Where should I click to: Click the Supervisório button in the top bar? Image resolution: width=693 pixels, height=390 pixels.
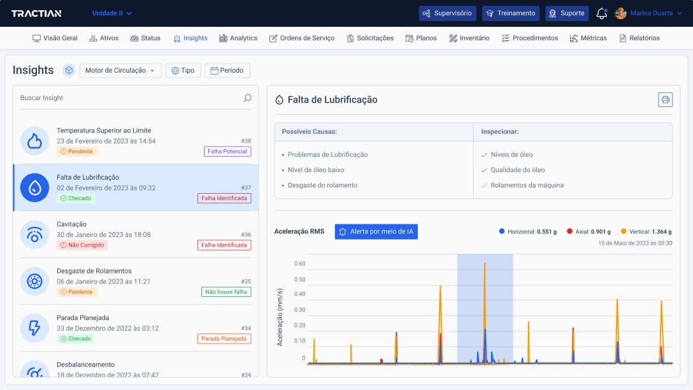(447, 13)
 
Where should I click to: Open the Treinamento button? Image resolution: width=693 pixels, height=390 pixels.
(510, 13)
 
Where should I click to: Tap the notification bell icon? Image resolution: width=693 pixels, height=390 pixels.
(601, 13)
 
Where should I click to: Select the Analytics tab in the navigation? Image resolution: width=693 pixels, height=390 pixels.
(238, 38)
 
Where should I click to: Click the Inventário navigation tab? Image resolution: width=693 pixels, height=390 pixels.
(469, 38)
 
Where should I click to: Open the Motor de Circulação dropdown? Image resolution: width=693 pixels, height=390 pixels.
(120, 71)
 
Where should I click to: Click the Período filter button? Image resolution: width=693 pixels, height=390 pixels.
(227, 71)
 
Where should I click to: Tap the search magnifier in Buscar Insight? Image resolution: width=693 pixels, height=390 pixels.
(247, 98)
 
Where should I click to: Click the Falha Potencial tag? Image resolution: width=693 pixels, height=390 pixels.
(227, 152)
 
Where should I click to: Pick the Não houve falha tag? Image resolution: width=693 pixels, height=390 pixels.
(226, 292)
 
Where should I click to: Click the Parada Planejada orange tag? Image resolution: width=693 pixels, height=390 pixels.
(224, 339)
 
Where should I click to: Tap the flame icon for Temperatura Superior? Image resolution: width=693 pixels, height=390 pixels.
(34, 141)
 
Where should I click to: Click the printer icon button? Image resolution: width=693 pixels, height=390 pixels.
(665, 100)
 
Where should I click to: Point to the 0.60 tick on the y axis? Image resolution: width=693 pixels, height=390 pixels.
(299, 264)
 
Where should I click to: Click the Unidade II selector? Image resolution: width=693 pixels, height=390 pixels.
(112, 13)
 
